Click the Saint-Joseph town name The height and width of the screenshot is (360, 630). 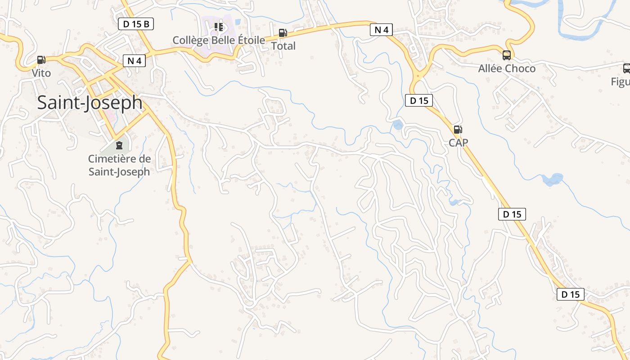(x=90, y=103)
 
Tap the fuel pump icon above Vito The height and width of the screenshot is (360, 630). (x=41, y=59)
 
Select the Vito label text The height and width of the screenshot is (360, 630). (x=41, y=73)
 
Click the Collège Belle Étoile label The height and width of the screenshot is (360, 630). (x=219, y=40)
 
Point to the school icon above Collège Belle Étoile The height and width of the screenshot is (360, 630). (x=219, y=27)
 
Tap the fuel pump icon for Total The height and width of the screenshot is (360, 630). (x=283, y=33)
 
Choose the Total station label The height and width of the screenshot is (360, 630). (x=283, y=46)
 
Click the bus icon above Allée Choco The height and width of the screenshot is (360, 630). (x=506, y=55)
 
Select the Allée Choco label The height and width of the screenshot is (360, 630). (x=507, y=68)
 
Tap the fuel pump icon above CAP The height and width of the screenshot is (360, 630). (x=458, y=130)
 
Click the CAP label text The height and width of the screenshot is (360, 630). (x=458, y=143)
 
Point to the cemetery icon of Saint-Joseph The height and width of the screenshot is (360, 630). (x=119, y=145)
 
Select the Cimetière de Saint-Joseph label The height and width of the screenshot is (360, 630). (x=119, y=165)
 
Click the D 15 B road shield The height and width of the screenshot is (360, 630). (x=136, y=24)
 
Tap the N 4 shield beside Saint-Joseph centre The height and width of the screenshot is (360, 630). (x=134, y=61)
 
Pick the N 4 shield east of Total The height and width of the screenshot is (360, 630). (x=381, y=30)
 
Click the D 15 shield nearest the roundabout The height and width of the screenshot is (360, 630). (x=419, y=100)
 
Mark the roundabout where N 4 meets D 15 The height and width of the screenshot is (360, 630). (x=419, y=76)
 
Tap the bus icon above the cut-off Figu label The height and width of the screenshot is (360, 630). (x=626, y=68)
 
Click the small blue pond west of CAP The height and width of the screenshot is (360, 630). (x=398, y=125)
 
